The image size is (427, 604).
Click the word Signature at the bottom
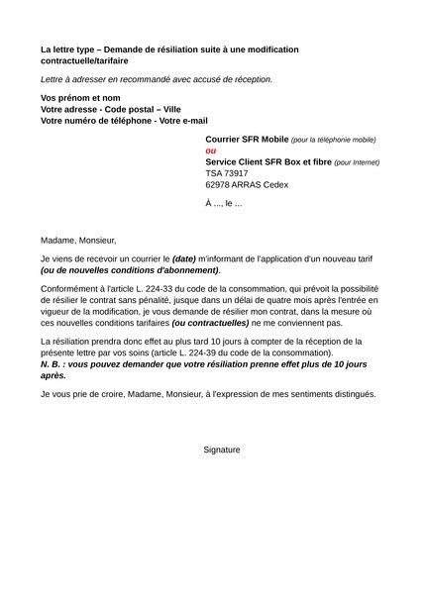[x=222, y=450]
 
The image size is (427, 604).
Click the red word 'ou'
[x=210, y=151]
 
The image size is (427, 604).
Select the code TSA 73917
[x=227, y=172]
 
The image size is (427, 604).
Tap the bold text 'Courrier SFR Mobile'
[x=247, y=140]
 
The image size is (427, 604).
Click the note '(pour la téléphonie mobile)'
[x=334, y=141]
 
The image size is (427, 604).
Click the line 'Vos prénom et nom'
[x=79, y=98]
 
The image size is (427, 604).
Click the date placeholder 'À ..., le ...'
[x=224, y=203]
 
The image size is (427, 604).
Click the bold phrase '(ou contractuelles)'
[x=210, y=323]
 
